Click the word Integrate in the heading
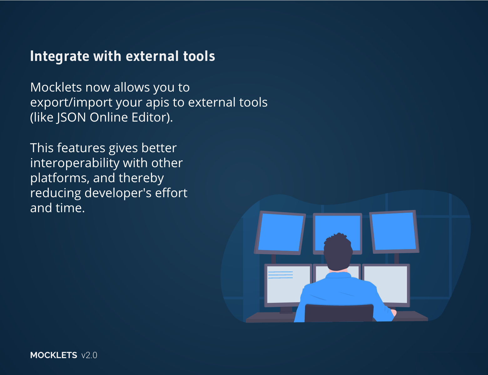(60, 56)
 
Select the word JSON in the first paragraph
(71, 117)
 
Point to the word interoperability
(75, 163)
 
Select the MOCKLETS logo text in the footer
(54, 355)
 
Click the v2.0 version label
(89, 356)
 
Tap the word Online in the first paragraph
(109, 117)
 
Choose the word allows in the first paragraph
(132, 87)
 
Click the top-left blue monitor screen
(281, 232)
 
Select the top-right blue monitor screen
(394, 231)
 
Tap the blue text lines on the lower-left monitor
(281, 275)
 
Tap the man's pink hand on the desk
(394, 312)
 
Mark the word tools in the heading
(199, 56)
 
